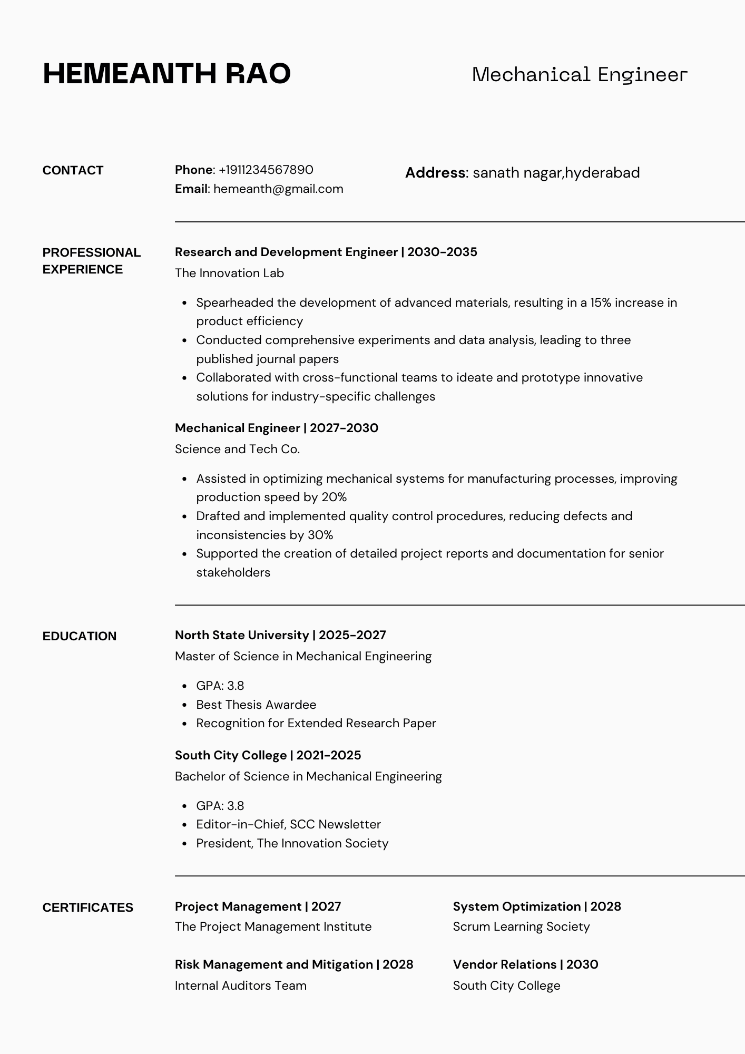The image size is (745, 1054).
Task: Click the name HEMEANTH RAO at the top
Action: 166,73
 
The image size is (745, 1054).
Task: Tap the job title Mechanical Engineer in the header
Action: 580,75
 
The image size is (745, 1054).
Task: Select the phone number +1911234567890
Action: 266,170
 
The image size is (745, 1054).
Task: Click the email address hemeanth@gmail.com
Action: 278,189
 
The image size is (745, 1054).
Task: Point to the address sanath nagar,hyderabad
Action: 556,173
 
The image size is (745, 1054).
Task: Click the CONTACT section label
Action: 73,170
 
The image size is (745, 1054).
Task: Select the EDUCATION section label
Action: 80,636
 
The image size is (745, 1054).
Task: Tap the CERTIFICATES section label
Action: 88,907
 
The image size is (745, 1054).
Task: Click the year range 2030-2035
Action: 442,252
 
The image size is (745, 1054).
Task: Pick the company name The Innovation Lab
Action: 229,273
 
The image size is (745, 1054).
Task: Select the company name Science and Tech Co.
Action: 237,449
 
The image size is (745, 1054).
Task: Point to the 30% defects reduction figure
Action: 320,535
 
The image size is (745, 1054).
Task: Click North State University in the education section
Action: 242,635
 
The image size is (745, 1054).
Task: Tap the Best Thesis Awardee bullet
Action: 256,705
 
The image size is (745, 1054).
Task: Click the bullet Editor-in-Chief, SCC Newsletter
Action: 288,824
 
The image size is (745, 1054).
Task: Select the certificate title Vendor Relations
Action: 504,964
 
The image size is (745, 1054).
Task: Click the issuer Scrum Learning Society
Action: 521,926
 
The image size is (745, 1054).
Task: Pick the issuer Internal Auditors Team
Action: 240,985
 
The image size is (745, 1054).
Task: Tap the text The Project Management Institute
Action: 273,926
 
